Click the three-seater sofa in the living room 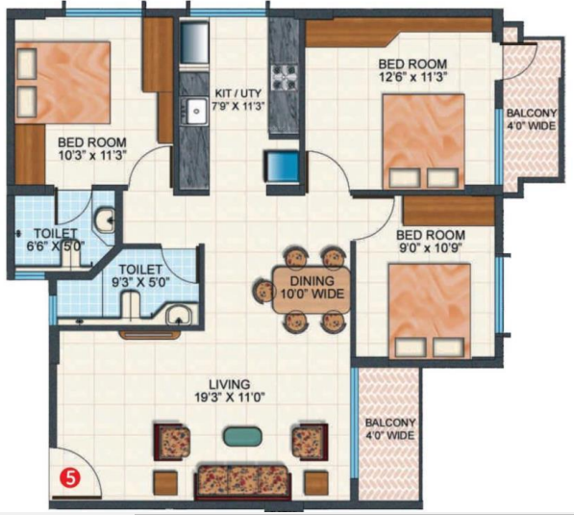tap(244, 478)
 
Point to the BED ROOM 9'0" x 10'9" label tap(431, 243)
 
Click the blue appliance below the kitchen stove tap(283, 167)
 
